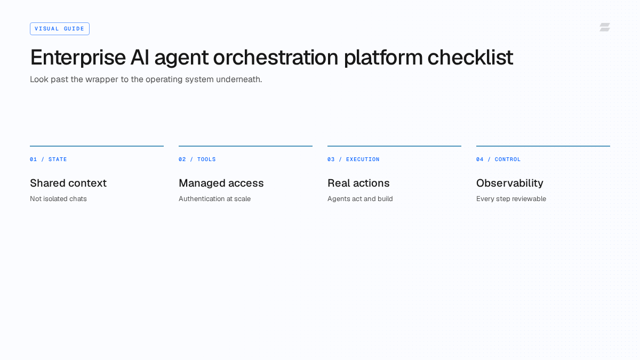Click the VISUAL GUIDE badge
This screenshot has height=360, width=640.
click(x=60, y=29)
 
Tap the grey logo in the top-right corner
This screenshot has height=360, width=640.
click(x=605, y=27)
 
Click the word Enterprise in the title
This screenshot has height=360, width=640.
click(x=78, y=58)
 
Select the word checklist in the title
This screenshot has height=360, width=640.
click(x=470, y=57)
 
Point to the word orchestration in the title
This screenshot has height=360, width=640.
click(x=276, y=58)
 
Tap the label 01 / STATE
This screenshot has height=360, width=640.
click(x=49, y=159)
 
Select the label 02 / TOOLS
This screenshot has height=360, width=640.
click(x=197, y=159)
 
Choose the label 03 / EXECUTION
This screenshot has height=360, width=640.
click(x=354, y=159)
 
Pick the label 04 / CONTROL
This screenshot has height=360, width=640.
click(x=498, y=159)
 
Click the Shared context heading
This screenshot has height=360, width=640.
click(x=68, y=183)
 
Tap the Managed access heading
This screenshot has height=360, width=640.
click(x=221, y=183)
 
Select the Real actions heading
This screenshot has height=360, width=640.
click(x=358, y=183)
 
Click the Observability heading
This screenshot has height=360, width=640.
click(x=510, y=183)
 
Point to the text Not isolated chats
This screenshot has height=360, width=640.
click(x=58, y=199)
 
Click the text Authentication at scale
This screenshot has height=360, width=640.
click(x=214, y=199)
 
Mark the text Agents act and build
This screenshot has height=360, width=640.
click(x=360, y=199)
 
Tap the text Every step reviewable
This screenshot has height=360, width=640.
click(x=511, y=199)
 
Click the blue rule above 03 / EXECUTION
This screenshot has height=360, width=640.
click(x=394, y=146)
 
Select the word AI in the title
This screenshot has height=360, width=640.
click(x=140, y=58)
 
